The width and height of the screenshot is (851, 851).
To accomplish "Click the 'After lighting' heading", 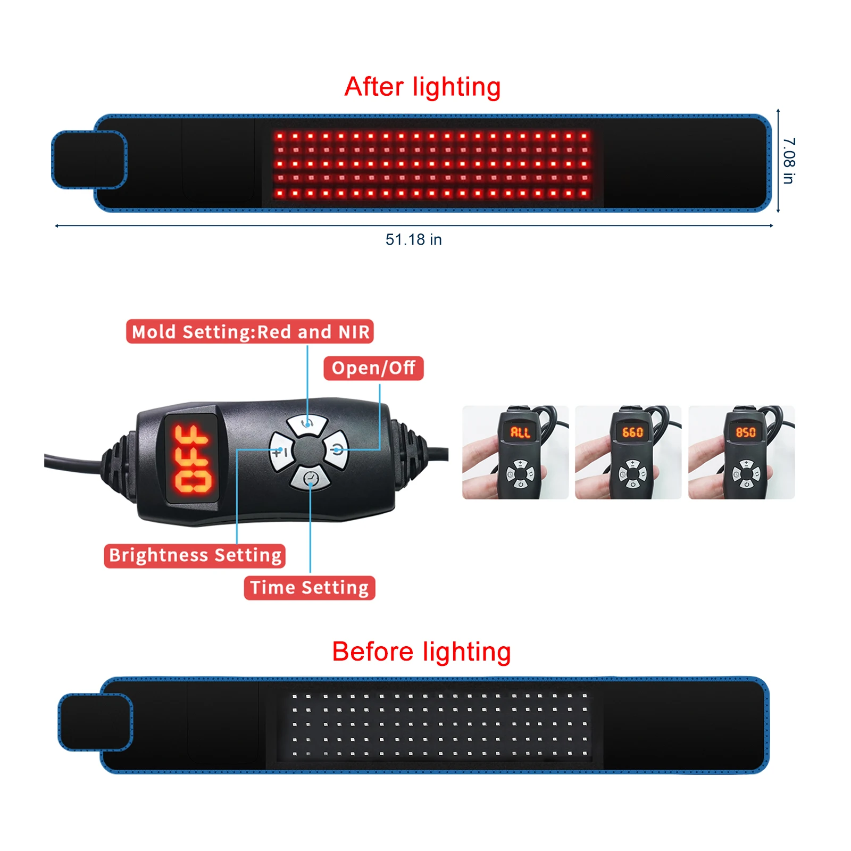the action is coord(422,87).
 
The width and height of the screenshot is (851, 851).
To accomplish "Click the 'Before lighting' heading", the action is coord(421,652).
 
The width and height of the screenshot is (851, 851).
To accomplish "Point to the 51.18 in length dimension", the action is coord(414,240).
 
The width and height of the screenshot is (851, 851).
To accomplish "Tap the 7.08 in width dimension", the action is coord(789,161).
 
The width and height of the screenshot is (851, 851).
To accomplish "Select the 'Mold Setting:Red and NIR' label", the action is coord(250,332).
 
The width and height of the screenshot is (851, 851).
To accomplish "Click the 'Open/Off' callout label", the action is coord(373,368).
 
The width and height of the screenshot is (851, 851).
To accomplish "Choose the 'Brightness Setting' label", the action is coord(195,556).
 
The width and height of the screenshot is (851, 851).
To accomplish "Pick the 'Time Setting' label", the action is coord(310,588).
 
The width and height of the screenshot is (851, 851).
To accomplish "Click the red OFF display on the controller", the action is coord(191,458).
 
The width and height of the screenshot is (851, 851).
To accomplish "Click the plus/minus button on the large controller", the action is coord(280,452).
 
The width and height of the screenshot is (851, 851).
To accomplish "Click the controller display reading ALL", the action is coord(520,432).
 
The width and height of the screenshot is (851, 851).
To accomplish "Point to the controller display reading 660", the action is coord(633,432).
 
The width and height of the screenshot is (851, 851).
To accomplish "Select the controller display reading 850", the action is coord(746,432).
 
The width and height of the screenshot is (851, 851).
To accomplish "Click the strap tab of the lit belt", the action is coord(89,160).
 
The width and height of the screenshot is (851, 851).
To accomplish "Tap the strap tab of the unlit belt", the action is coord(95,722).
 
